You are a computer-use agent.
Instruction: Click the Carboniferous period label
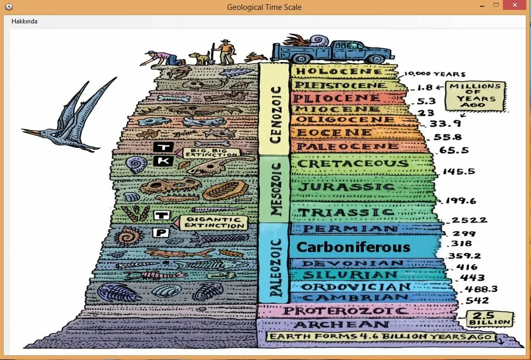(x=353, y=247)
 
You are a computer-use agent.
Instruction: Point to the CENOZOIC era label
(x=275, y=114)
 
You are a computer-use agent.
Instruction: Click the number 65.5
(x=454, y=151)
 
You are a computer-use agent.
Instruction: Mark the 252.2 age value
(x=470, y=220)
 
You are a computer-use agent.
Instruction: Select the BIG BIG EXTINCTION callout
(x=210, y=152)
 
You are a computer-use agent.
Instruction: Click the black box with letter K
(x=162, y=161)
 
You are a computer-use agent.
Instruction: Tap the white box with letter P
(x=161, y=232)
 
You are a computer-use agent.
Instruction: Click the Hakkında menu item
(x=24, y=21)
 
